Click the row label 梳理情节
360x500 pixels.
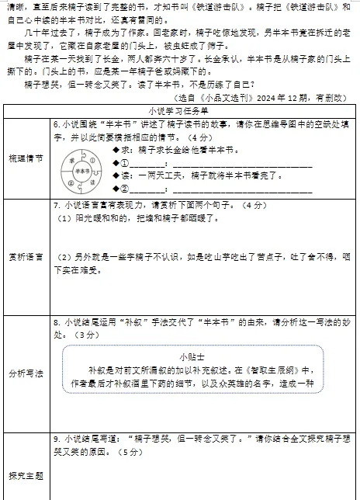tap(26, 158)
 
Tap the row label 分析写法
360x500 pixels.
tap(26, 373)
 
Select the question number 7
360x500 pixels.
tap(57, 206)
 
